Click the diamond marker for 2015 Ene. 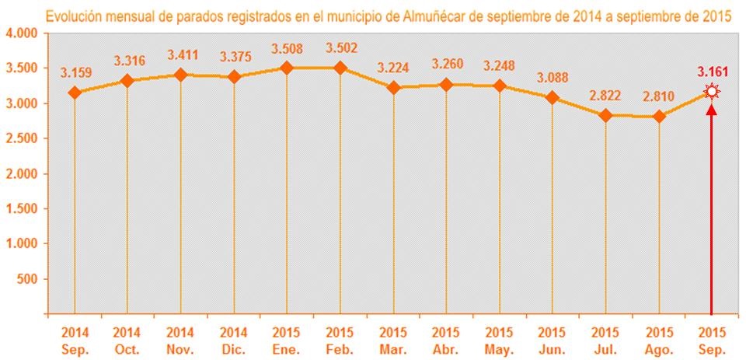point(287,68)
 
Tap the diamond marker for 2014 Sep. point(75,93)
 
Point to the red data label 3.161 point(712,73)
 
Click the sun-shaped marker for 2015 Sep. point(712,93)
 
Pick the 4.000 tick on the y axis point(21,33)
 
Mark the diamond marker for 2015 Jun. point(553,98)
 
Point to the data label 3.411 point(181,55)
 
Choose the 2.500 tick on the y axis point(21,138)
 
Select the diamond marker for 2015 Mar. point(394,88)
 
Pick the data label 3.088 point(553,79)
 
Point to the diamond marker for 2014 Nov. point(181,75)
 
